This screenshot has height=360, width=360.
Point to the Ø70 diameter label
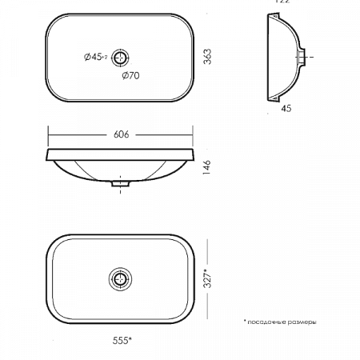click(131, 76)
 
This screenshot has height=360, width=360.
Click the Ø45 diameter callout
click(95, 57)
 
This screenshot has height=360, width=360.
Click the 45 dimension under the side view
click(286, 110)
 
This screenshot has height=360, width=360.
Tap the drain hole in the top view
click(121, 57)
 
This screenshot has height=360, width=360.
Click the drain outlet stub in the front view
click(121, 184)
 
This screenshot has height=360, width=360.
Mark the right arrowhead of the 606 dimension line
click(192, 134)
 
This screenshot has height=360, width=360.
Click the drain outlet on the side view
click(303, 57)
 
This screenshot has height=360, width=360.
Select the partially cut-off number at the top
click(282, 2)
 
